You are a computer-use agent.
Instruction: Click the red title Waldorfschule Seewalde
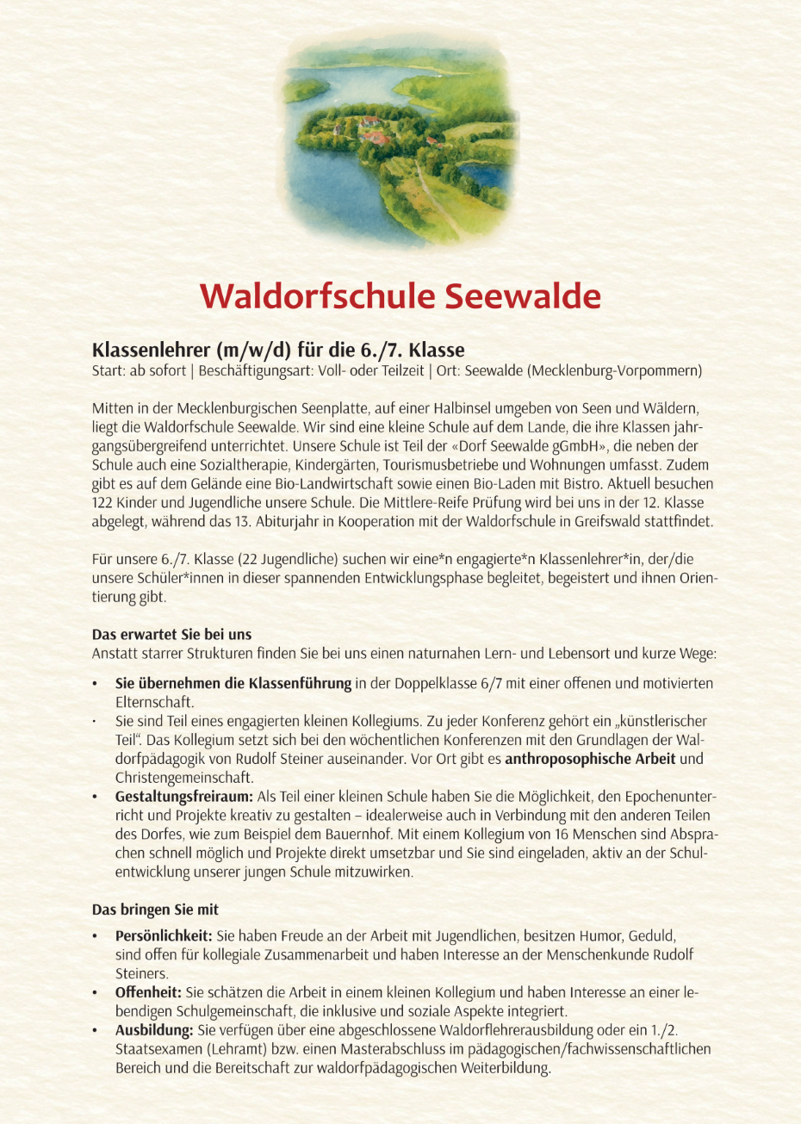coord(400,296)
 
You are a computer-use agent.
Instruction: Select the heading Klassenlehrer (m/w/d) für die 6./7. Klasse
coord(278,351)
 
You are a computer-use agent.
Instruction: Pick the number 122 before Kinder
coord(102,503)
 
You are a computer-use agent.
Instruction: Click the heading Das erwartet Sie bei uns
coord(171,635)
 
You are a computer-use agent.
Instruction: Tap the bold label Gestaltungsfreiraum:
coord(184,797)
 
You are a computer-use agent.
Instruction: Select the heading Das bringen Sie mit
coord(156,910)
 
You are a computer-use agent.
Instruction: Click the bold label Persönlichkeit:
coord(164,936)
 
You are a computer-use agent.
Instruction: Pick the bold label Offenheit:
coord(148,993)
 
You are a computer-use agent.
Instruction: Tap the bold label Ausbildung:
coord(154,1031)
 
